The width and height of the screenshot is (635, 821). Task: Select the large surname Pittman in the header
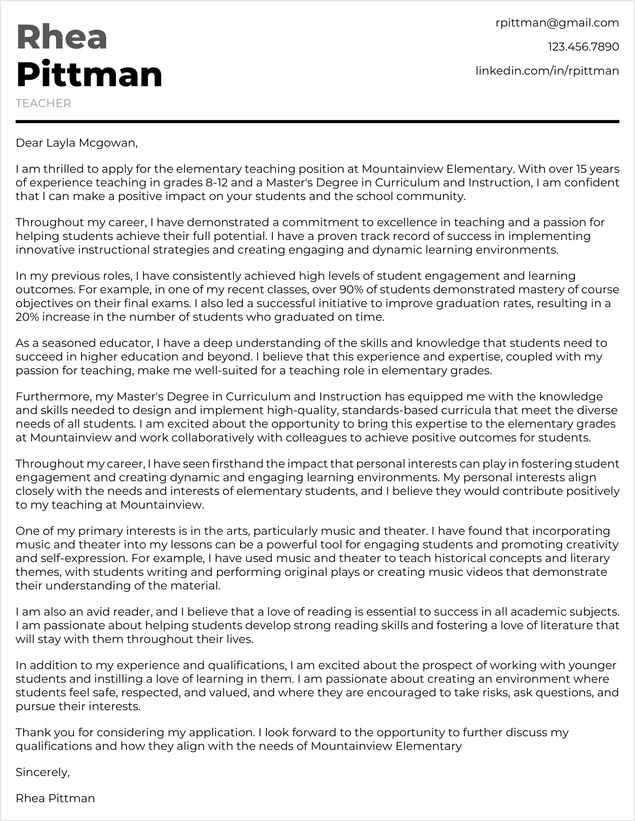click(89, 74)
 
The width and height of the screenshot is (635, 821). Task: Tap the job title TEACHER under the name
click(43, 103)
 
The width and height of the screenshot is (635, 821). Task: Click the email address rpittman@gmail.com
click(557, 23)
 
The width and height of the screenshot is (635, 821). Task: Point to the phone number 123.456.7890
click(583, 47)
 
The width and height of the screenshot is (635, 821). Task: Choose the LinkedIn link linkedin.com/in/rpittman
click(547, 71)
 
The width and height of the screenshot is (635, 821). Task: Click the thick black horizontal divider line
click(317, 122)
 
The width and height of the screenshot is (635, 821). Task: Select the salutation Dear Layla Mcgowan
click(77, 143)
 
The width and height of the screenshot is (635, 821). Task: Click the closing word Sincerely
click(43, 772)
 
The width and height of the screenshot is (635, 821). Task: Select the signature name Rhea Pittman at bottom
click(55, 798)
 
